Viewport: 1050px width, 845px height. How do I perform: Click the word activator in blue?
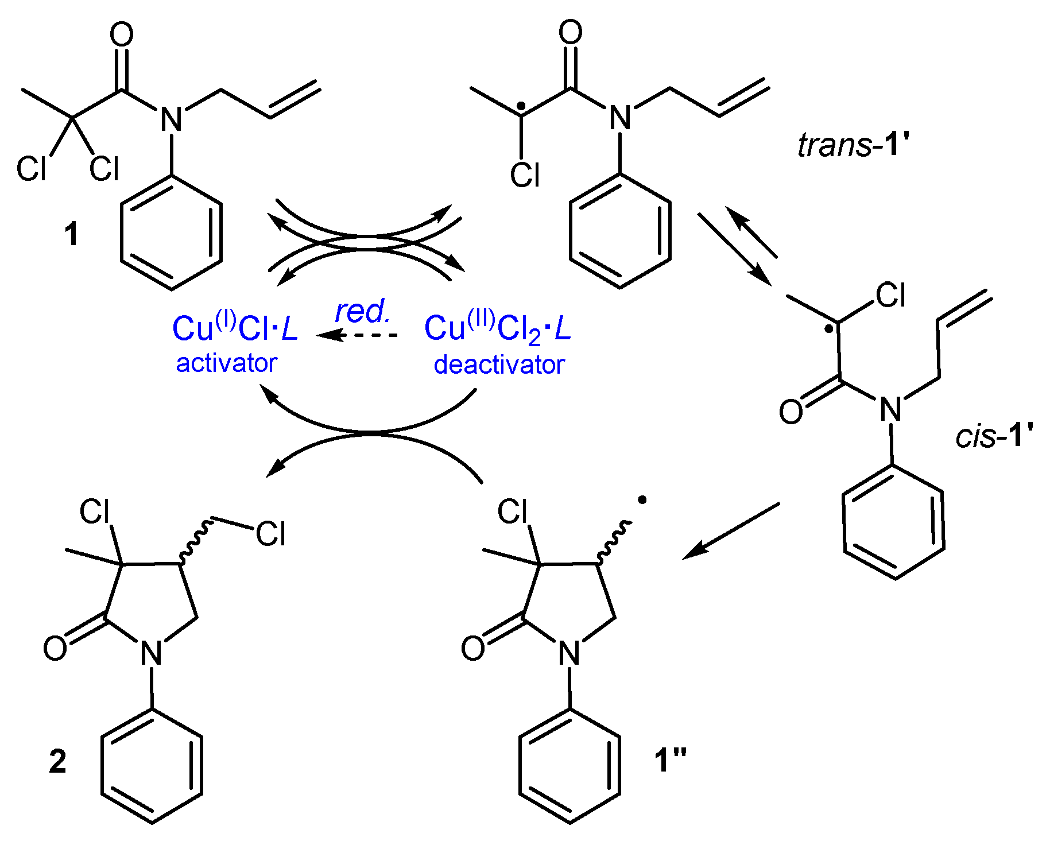tap(226, 363)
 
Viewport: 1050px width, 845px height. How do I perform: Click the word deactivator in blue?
tap(499, 365)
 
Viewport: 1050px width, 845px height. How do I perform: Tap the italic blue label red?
tap(362, 312)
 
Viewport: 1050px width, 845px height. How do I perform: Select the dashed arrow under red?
tap(357, 335)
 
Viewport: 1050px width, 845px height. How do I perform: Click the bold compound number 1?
tap(71, 235)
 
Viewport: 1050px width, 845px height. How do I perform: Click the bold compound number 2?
tap(57, 762)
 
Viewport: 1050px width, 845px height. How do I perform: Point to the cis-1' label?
tap(994, 436)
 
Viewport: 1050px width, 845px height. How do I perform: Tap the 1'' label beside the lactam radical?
tap(670, 761)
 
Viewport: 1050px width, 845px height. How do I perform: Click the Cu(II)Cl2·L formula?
tap(497, 330)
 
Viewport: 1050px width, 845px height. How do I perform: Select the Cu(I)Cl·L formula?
tap(235, 329)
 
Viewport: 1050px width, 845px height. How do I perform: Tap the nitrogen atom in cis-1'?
tap(890, 409)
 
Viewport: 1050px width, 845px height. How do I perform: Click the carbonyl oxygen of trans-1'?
tap(570, 32)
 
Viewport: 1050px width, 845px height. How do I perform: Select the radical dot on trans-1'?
tap(521, 106)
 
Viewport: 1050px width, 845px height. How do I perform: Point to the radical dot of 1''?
tap(642, 501)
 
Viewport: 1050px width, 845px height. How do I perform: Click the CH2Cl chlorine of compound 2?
tap(270, 534)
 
